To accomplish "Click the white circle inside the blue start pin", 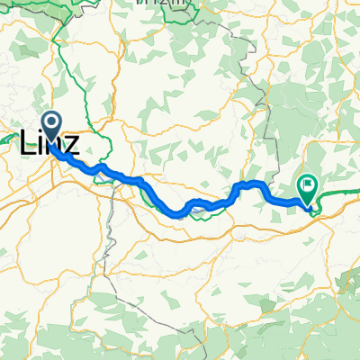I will click(x=50, y=123).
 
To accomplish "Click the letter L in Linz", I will click(x=28, y=142).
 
